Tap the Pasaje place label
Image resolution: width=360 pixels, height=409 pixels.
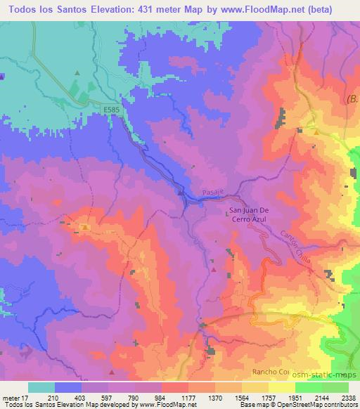click(209, 200)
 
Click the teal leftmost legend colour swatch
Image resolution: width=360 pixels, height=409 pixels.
click(41, 388)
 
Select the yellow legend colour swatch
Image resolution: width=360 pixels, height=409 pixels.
click(281, 388)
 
